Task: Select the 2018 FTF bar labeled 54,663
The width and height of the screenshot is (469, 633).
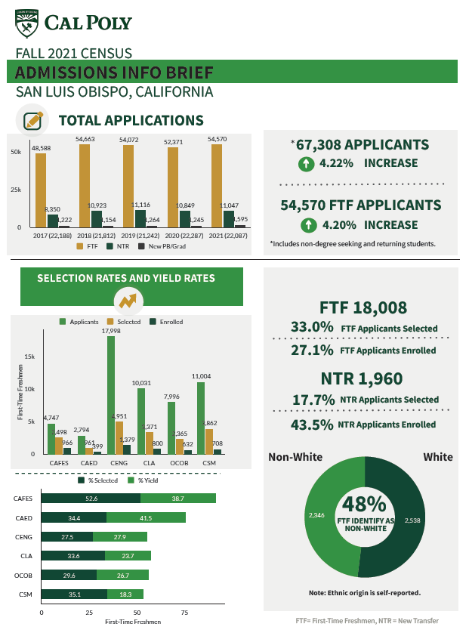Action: (x=85, y=185)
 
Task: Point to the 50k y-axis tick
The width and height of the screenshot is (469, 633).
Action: (x=15, y=152)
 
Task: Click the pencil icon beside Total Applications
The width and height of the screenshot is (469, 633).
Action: (x=32, y=120)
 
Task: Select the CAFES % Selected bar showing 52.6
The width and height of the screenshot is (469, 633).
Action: (x=91, y=499)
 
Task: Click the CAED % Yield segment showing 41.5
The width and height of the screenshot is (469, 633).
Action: (x=146, y=517)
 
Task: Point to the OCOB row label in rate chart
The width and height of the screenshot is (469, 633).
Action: (x=22, y=576)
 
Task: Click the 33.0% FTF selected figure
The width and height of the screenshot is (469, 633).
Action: (x=312, y=328)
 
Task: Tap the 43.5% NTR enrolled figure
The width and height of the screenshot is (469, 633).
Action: (x=312, y=425)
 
